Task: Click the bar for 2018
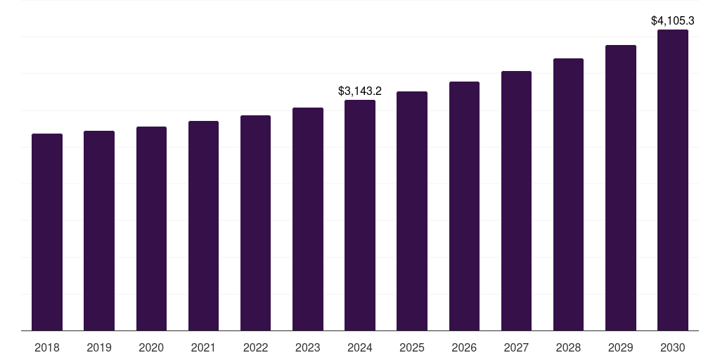(x=47, y=232)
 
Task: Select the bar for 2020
(x=151, y=229)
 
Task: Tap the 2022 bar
(x=255, y=223)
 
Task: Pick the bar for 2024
(x=360, y=215)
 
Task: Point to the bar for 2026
(x=464, y=206)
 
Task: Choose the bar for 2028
(x=568, y=194)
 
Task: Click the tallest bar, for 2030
(x=673, y=180)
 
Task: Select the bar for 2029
(x=621, y=188)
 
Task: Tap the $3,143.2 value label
(x=360, y=91)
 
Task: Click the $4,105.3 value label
(x=673, y=20)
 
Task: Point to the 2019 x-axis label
(x=99, y=347)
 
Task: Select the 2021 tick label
(x=203, y=347)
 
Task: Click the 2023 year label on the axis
(x=308, y=347)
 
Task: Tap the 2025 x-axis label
(x=412, y=347)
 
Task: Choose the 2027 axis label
(x=516, y=347)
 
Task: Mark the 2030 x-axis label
(x=673, y=347)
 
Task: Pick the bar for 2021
(x=203, y=226)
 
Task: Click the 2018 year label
(x=47, y=347)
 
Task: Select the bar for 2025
(x=412, y=211)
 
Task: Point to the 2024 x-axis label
(x=360, y=347)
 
